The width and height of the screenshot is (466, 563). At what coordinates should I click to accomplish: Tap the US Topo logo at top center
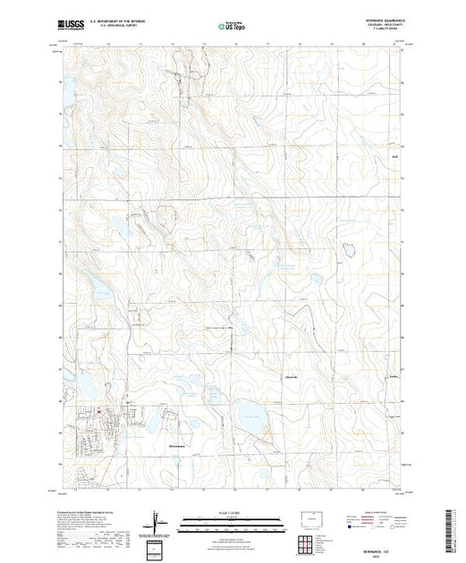click(x=232, y=28)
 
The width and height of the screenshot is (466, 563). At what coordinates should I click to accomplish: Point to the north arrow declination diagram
click(x=157, y=517)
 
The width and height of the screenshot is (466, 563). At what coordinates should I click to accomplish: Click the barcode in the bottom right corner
click(x=450, y=527)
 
